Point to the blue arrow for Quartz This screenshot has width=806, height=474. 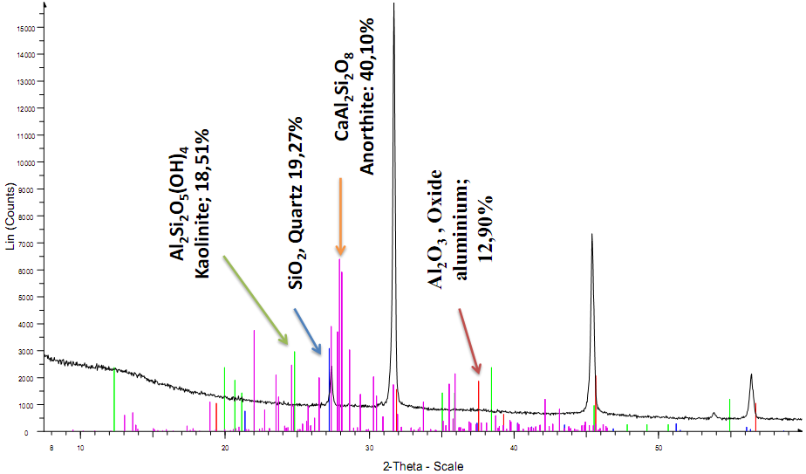click(x=307, y=331)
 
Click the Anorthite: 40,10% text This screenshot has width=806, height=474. click(x=366, y=96)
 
